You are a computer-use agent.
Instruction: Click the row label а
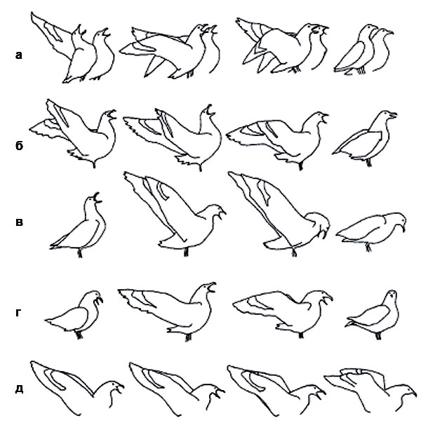(x=18, y=55)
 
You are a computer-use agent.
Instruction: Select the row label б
(x=19, y=145)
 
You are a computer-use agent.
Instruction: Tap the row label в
(x=19, y=222)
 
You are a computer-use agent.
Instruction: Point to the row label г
(x=18, y=312)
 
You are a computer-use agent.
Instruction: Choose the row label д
(x=19, y=389)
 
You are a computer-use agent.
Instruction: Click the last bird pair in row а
(x=363, y=50)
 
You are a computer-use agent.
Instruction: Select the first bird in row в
(x=78, y=225)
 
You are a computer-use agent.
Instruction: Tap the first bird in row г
(x=74, y=314)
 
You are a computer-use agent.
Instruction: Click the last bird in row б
(x=364, y=138)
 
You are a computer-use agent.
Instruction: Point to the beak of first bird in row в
(x=97, y=198)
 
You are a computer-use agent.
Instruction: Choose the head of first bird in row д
(x=114, y=388)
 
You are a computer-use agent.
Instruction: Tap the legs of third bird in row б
(x=300, y=166)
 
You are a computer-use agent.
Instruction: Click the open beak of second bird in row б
(x=210, y=110)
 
